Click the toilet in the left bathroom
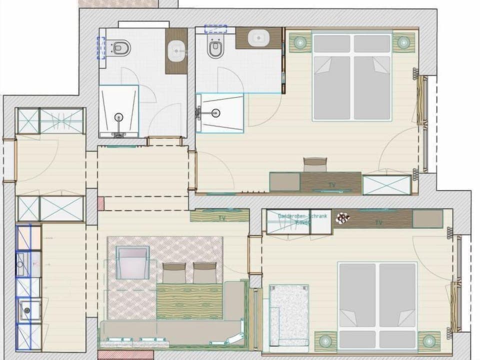121,48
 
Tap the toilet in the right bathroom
215,49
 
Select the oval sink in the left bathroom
176,50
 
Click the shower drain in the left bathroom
118,118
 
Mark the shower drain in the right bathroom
215,112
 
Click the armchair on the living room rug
132,262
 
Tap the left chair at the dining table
174,273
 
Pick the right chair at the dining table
204,272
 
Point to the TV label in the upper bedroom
332,185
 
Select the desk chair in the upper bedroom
315,164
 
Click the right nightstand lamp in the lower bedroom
428,341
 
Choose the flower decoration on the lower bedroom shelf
342,218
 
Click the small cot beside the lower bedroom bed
289,314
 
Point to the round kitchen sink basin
26,310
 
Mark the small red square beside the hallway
100,203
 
